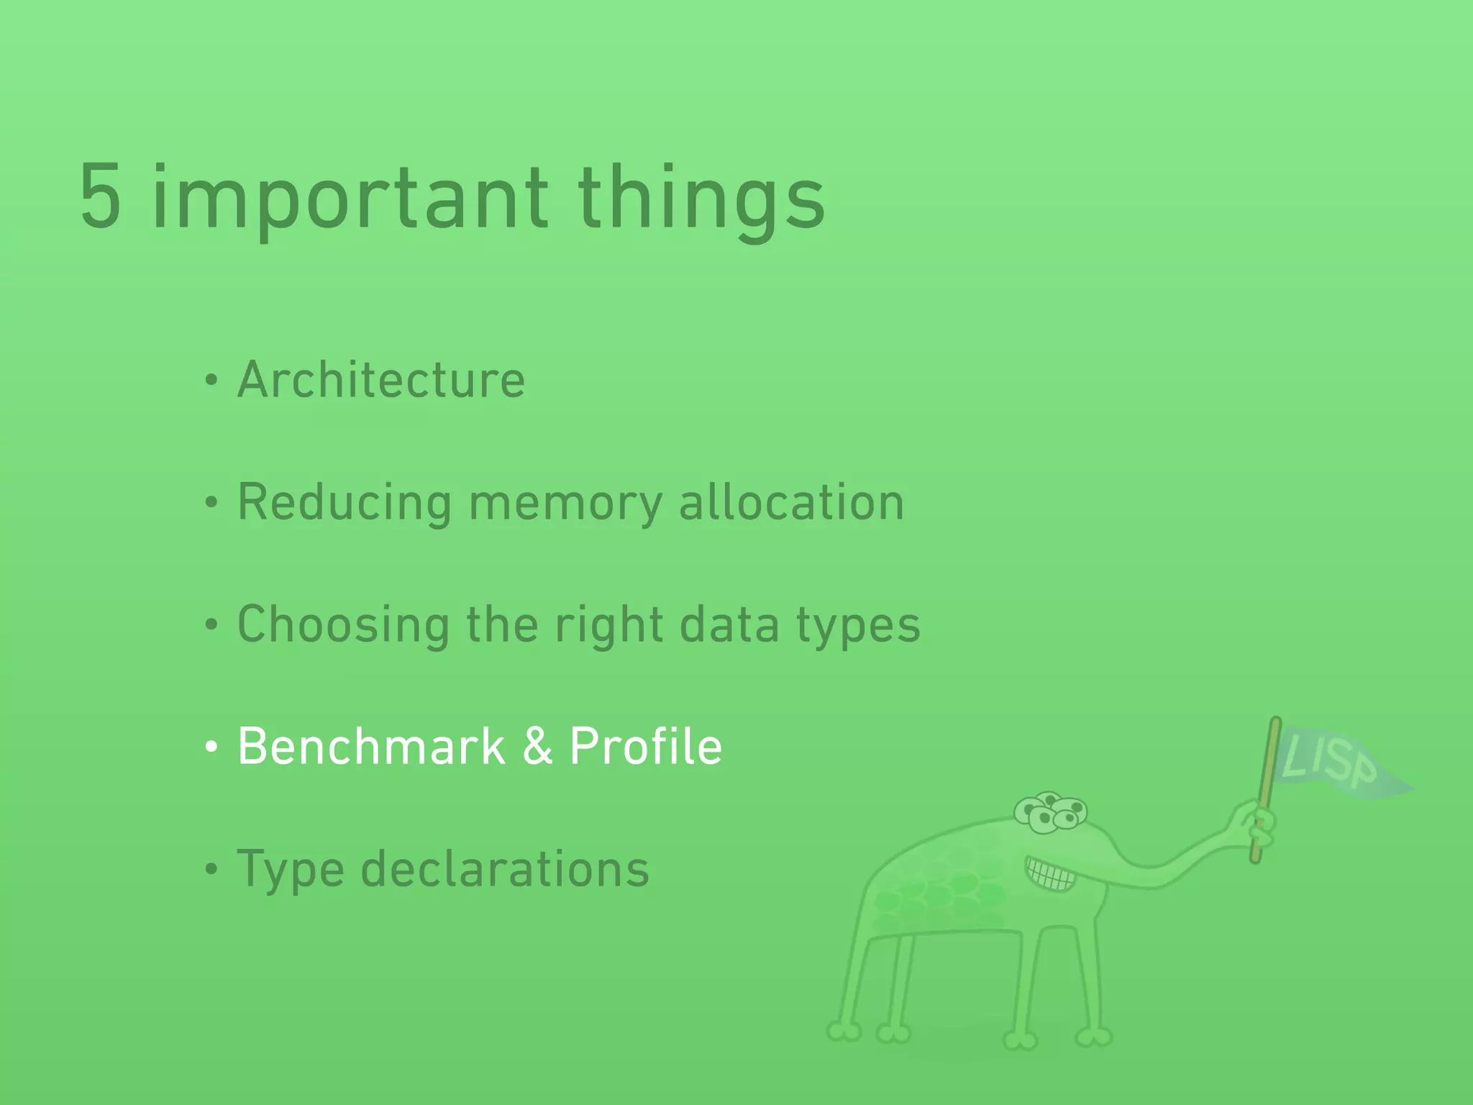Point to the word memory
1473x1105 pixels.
[x=565, y=504]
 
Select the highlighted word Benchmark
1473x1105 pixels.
[x=371, y=746]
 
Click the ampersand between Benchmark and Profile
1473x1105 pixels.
[x=537, y=746]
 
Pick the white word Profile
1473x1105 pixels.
[x=645, y=746]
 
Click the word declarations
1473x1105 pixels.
[x=505, y=868]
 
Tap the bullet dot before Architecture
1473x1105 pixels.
[x=211, y=381]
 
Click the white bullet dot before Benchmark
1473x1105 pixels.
[x=211, y=747]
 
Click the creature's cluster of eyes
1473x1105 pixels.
[x=1050, y=813]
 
